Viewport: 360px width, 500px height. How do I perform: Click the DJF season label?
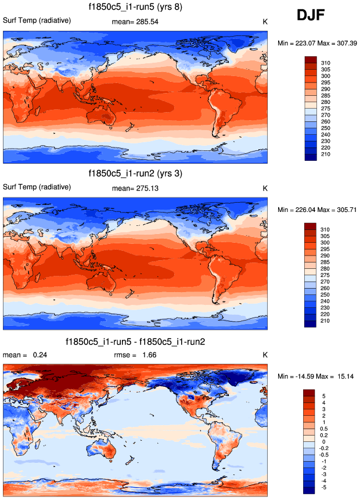pos(314,16)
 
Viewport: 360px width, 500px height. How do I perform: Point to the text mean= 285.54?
pos(135,22)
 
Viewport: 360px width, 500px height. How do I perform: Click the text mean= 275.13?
pos(135,188)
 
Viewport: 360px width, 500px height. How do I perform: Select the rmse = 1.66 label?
pos(135,355)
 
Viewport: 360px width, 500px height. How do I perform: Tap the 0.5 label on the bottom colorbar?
pos(323,428)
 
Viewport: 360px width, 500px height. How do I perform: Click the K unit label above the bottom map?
pos(264,355)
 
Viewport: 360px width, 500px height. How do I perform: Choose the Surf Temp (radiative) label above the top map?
pos(37,21)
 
